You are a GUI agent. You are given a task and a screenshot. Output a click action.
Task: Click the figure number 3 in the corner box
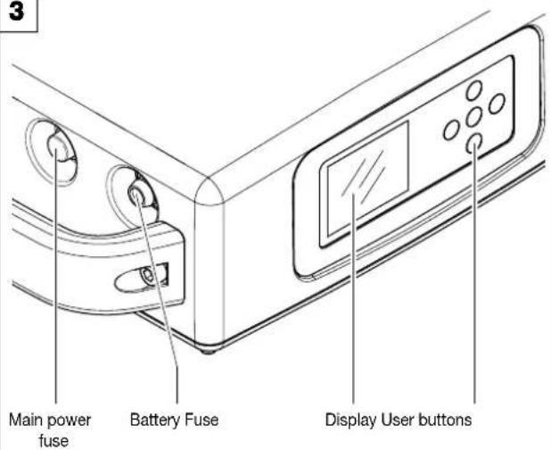pyautogui.click(x=17, y=12)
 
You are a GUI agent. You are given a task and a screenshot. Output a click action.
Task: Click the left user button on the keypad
pyautogui.click(x=451, y=130)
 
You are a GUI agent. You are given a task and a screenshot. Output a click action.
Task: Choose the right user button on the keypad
pyautogui.click(x=497, y=104)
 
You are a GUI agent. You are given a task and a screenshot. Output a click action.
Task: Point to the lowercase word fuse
pyautogui.click(x=53, y=440)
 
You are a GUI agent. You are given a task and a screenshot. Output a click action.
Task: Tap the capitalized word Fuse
pyautogui.click(x=202, y=420)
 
